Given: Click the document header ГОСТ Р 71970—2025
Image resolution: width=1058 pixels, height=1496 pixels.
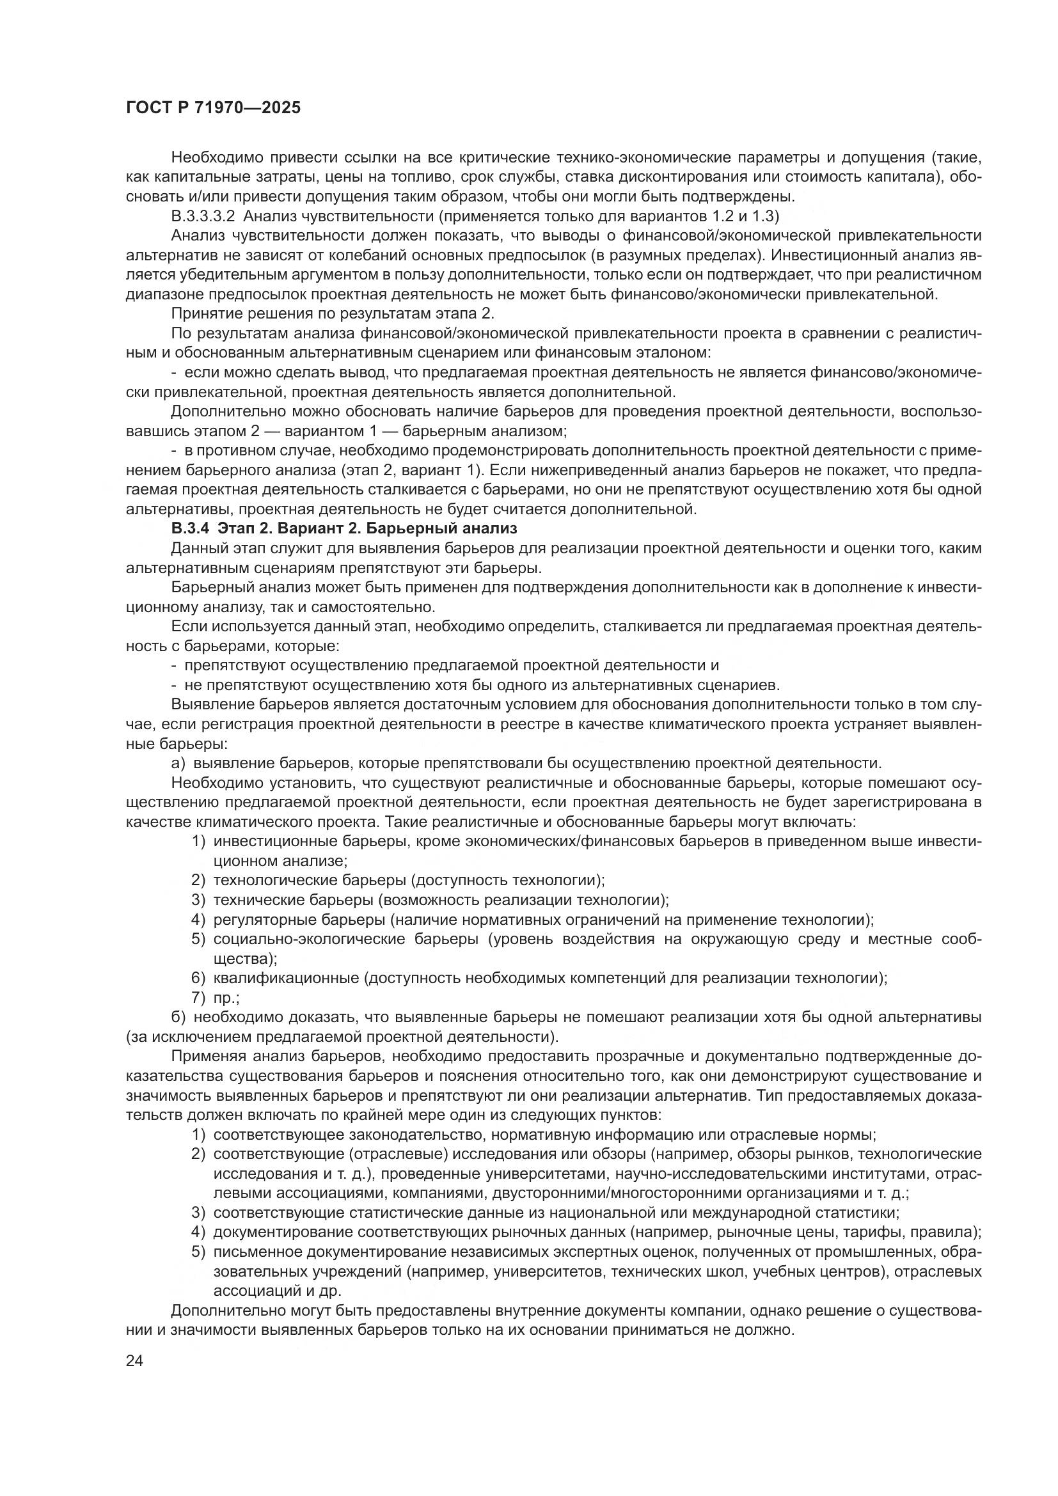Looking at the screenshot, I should (x=213, y=108).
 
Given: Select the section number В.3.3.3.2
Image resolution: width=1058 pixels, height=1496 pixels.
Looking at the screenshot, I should (x=203, y=216).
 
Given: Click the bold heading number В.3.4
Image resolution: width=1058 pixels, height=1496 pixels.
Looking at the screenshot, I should (x=190, y=528).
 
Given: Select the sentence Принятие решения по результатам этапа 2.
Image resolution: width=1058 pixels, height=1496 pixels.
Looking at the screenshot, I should (x=332, y=313).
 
